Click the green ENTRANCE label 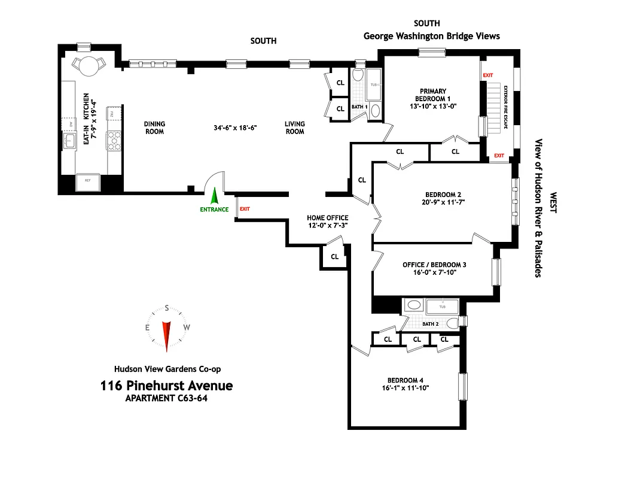coord(214,209)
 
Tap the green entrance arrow coord(215,196)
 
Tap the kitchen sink coord(69,142)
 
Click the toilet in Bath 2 coord(455,323)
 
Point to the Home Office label coord(327,218)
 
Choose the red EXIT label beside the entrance coord(244,209)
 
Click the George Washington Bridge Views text coord(432,36)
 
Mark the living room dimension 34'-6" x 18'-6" coord(235,128)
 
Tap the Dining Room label coord(154,128)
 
